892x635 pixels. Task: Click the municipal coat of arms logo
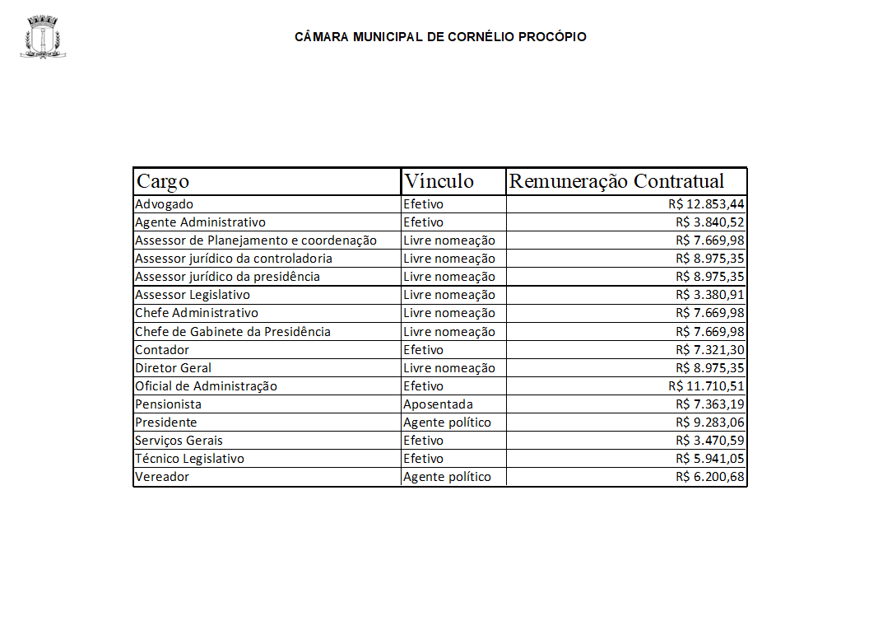pyautogui.click(x=43, y=37)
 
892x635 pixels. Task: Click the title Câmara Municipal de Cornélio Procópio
pyautogui.click(x=440, y=37)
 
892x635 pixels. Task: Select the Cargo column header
pyautogui.click(x=163, y=181)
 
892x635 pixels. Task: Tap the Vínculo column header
pyautogui.click(x=439, y=181)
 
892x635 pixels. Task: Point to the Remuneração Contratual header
pyautogui.click(x=616, y=181)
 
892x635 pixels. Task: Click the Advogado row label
pyautogui.click(x=165, y=204)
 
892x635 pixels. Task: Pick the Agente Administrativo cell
pyautogui.click(x=200, y=222)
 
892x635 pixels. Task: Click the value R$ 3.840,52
pyautogui.click(x=710, y=222)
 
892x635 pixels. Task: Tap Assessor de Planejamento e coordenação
pyautogui.click(x=255, y=240)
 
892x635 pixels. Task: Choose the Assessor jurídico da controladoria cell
pyautogui.click(x=234, y=259)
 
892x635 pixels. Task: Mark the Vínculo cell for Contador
pyautogui.click(x=423, y=350)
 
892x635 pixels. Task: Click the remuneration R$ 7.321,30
pyautogui.click(x=710, y=350)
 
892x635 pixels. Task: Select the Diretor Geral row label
pyautogui.click(x=173, y=368)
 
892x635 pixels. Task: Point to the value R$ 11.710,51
pyautogui.click(x=707, y=386)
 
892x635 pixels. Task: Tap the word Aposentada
pyautogui.click(x=438, y=404)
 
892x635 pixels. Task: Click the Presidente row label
pyautogui.click(x=165, y=423)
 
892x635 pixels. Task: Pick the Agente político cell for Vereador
pyautogui.click(x=447, y=477)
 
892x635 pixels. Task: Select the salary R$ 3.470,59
pyautogui.click(x=710, y=441)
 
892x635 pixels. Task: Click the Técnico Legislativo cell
pyautogui.click(x=189, y=459)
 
